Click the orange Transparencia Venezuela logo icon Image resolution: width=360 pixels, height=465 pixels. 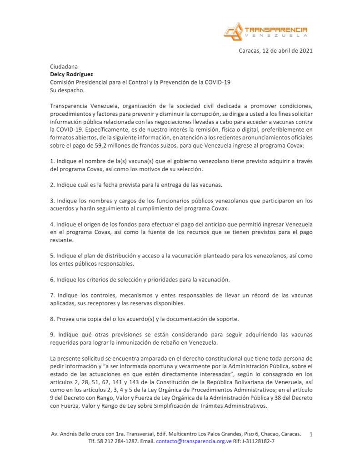233,31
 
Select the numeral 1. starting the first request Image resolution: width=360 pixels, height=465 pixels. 52,162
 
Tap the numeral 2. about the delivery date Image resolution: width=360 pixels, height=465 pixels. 52,185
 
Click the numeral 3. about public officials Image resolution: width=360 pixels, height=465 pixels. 52,200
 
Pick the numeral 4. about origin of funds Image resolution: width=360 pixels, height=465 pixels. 52,224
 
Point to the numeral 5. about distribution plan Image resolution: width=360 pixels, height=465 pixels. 52,256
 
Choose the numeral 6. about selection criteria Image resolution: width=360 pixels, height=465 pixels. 52,279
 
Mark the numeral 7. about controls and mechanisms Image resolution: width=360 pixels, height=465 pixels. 52,295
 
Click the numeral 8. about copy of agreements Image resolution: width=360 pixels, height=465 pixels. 52,318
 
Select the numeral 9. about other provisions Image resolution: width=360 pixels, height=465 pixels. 52,334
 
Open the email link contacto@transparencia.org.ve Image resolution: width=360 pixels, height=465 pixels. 194,441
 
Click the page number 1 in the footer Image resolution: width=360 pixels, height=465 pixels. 311,435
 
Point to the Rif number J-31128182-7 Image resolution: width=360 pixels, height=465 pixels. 258,441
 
